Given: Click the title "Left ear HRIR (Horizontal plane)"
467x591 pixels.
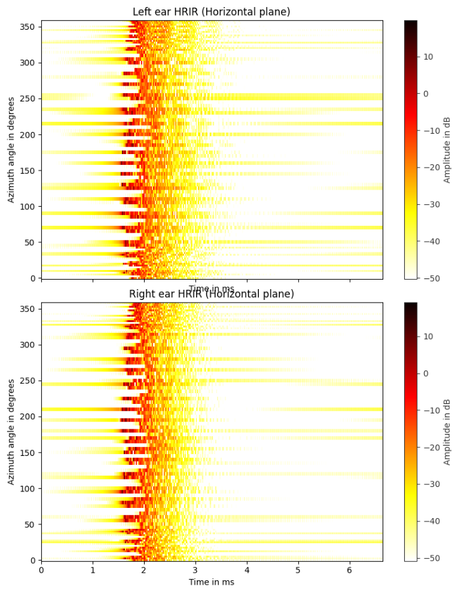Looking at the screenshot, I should pos(212,11).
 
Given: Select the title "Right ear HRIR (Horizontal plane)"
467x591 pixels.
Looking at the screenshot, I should pos(212,294).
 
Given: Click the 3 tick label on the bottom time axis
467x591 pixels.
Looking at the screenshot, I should pos(195,571).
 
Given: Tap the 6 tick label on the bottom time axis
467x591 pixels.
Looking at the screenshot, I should pos(350,571).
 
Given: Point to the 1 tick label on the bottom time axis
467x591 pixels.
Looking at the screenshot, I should pos(93,571).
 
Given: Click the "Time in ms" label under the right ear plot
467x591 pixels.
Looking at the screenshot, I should pos(211,582).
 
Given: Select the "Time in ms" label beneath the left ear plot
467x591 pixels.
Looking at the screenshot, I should pos(211,289).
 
